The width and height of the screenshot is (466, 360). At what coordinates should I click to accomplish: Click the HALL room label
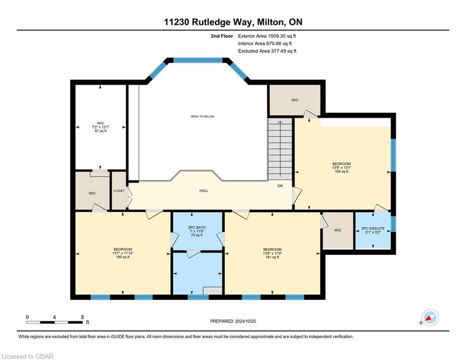click(204, 191)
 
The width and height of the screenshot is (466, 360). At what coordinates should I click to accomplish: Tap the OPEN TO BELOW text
click(202, 116)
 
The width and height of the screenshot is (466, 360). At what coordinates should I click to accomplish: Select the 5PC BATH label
click(197, 227)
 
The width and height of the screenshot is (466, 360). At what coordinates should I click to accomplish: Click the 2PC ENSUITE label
click(373, 228)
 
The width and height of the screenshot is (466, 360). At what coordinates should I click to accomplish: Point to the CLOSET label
click(119, 191)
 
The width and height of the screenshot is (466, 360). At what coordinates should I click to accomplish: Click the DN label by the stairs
click(280, 186)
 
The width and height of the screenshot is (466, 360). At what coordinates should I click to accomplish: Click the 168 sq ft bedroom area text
click(341, 172)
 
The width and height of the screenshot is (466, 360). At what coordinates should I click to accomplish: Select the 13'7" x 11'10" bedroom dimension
click(123, 253)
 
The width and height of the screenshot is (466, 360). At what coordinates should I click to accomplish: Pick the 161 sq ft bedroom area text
click(272, 257)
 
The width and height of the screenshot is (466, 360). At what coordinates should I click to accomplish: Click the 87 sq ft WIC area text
click(100, 131)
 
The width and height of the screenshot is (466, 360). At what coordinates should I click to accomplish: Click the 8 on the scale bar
click(82, 317)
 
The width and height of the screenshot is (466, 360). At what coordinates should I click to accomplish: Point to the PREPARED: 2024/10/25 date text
click(233, 321)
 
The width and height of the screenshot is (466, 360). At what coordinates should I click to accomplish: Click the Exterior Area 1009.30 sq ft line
click(267, 36)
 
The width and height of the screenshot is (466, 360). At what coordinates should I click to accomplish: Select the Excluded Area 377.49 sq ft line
click(267, 51)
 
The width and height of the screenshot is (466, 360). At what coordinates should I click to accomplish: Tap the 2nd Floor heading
click(222, 36)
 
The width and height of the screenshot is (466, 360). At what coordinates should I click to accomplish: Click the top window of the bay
click(198, 60)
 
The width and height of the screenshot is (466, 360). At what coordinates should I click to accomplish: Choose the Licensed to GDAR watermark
click(27, 356)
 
